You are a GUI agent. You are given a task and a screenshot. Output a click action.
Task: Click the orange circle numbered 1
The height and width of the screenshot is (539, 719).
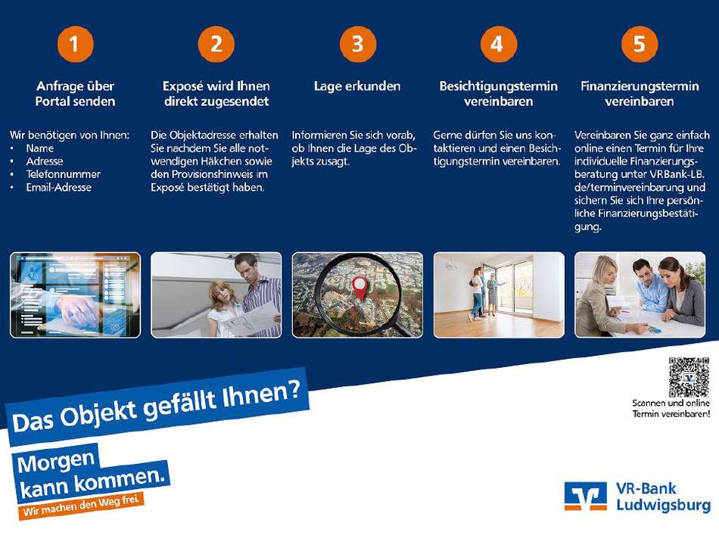tap(75, 44)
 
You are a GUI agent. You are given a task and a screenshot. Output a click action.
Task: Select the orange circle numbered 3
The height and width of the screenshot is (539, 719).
tap(358, 44)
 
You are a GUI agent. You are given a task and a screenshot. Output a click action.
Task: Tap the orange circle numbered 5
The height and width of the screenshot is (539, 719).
tap(640, 44)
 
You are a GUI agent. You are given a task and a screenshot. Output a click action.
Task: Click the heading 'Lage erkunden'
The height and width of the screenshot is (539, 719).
tap(357, 86)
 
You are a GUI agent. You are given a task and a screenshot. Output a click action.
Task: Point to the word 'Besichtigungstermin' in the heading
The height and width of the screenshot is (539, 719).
tap(499, 86)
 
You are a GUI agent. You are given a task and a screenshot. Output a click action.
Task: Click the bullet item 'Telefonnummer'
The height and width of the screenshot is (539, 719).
tap(64, 174)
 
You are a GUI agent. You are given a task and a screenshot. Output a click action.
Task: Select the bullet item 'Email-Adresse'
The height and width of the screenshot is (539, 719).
tap(59, 187)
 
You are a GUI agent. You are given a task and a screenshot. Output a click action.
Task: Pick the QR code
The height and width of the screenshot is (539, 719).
tap(689, 377)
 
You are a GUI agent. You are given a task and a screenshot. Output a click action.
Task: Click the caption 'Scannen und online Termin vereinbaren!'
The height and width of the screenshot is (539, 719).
tap(671, 408)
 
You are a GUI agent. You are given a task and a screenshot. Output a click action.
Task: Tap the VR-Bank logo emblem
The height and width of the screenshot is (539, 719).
tap(586, 496)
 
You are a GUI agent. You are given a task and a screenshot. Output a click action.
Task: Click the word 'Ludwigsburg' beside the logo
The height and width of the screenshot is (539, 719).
tap(663, 505)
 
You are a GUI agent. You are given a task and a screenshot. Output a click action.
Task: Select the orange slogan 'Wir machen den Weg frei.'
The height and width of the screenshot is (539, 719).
tap(81, 505)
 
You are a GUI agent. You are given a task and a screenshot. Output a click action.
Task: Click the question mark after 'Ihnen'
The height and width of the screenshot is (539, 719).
tap(295, 390)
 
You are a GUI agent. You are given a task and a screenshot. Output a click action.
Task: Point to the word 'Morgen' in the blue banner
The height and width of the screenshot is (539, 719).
tap(56, 462)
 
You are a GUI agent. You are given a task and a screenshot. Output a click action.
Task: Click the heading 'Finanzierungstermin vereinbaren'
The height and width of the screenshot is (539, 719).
tap(640, 94)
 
